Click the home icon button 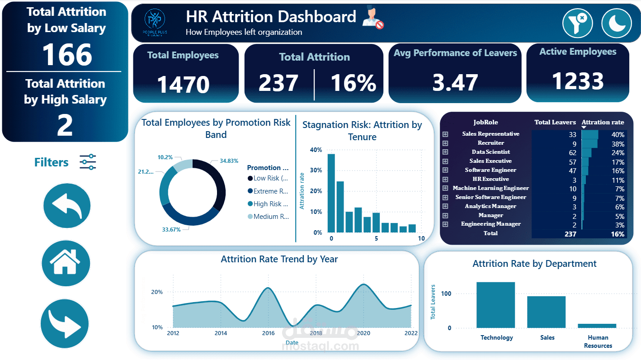[x=66, y=263]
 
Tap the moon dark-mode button [x=616, y=24]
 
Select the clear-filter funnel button [x=577, y=24]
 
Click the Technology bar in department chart [x=495, y=305]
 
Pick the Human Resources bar [x=597, y=325]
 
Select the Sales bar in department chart [x=546, y=312]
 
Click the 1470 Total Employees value [x=183, y=85]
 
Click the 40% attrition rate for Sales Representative [x=617, y=135]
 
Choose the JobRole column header [x=485, y=122]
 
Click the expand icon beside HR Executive [x=445, y=179]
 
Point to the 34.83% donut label [x=229, y=161]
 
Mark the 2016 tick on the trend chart [x=269, y=333]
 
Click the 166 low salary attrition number [x=67, y=55]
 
